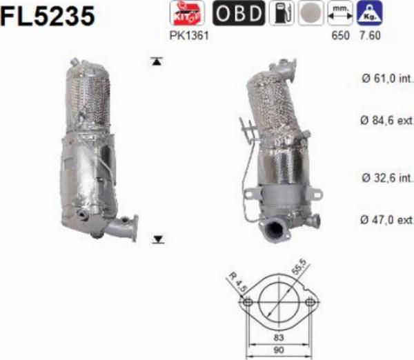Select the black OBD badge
pyautogui.click(x=238, y=13)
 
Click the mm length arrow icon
pyautogui.click(x=340, y=13)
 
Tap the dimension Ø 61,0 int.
pyautogui.click(x=386, y=78)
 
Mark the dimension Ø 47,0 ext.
pyautogui.click(x=386, y=220)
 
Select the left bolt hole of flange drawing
pyautogui.click(x=245, y=303)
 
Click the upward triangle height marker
pyautogui.click(x=157, y=61)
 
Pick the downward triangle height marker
pyautogui.click(x=158, y=239)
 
